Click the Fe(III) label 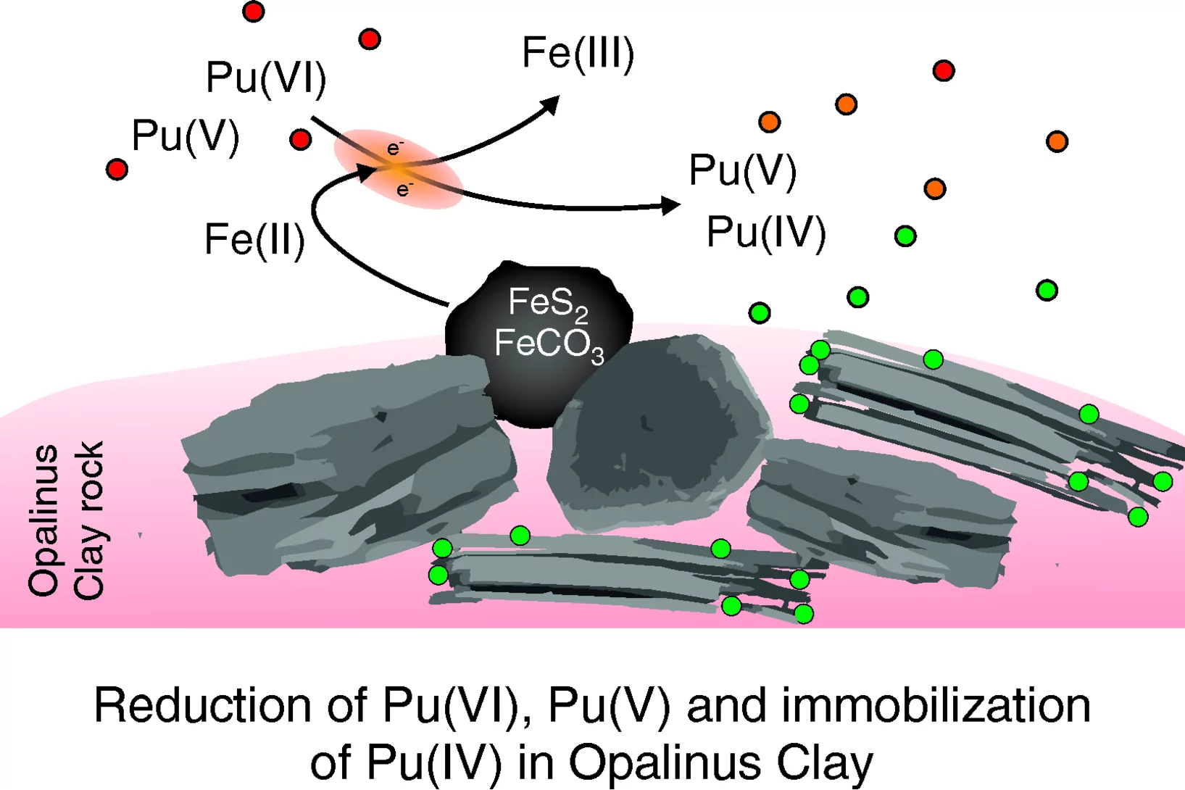tap(578, 54)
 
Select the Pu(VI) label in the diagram tap(266, 78)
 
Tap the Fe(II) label tap(254, 240)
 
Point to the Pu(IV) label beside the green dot tap(766, 233)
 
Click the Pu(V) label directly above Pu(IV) tap(742, 171)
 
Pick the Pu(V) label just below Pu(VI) tap(185, 136)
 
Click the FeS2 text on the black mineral tap(547, 304)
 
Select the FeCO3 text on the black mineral tap(549, 344)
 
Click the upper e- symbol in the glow tap(394, 149)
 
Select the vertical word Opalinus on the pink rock tap(43, 520)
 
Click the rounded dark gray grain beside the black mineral tap(656, 431)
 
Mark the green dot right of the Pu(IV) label tap(905, 236)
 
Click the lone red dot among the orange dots tap(943, 70)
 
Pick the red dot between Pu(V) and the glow tap(300, 139)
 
